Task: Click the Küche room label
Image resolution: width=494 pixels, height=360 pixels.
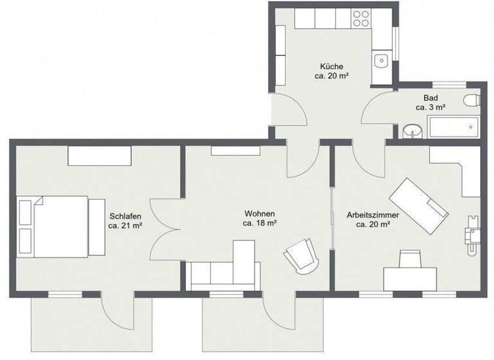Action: [x=331, y=67]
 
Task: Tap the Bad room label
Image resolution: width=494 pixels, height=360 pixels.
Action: [x=430, y=98]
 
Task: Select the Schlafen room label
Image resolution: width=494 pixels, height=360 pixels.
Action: [x=125, y=217]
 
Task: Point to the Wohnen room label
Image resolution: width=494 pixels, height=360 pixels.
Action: [x=259, y=213]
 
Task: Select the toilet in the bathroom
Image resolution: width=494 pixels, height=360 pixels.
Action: [x=473, y=100]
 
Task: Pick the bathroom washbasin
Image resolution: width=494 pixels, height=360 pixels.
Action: [x=411, y=131]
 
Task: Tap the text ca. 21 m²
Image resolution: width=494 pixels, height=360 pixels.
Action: [x=125, y=226]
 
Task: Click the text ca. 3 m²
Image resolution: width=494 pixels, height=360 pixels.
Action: [x=430, y=107]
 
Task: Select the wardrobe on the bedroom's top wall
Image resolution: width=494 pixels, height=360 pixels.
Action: [x=100, y=155]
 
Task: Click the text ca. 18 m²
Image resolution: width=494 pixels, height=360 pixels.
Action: [x=259, y=223]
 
